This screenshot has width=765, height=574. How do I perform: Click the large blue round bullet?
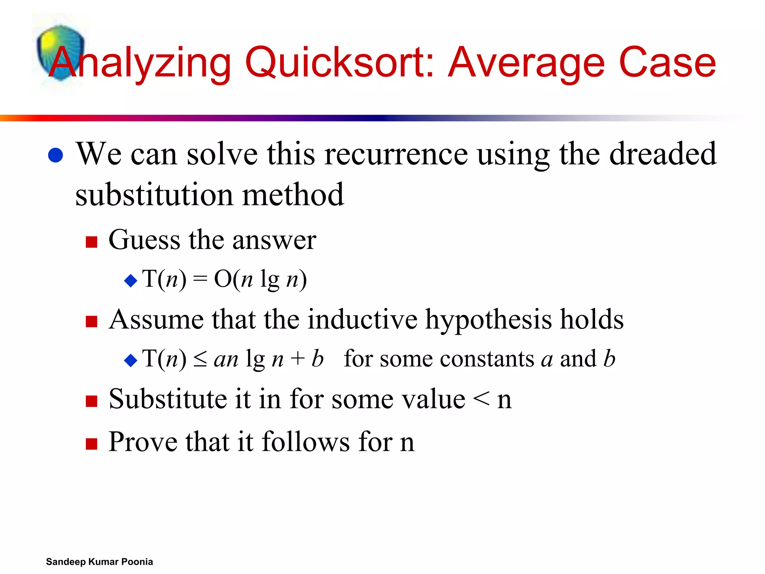56,155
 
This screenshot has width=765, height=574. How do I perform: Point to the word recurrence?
396,154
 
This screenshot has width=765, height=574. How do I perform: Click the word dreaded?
663,154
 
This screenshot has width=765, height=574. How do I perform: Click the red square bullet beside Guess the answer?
92,242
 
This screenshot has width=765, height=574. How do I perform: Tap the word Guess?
144,240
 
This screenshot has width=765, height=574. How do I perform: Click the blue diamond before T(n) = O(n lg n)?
131,280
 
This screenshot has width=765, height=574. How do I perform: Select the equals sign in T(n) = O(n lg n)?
200,280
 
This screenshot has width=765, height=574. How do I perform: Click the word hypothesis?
488,320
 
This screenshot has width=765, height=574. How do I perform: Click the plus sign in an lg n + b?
298,359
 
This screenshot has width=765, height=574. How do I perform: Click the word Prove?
143,442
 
